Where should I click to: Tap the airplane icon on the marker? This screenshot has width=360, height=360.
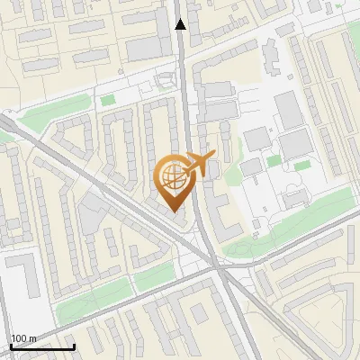198,165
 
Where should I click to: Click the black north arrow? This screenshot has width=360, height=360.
180,24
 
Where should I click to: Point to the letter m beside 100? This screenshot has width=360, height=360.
33,338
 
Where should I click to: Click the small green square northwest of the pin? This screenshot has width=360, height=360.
108,99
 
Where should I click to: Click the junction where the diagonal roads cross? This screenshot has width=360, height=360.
216,266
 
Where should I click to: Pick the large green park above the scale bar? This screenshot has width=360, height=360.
94,301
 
